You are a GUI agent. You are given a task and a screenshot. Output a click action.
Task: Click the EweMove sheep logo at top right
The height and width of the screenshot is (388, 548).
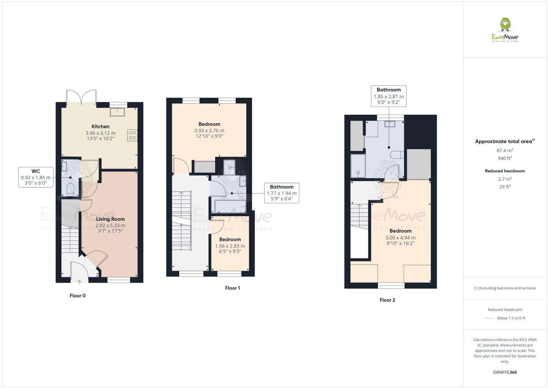tap(505, 30)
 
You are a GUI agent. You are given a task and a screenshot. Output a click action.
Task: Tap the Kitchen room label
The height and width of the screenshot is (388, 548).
tap(100, 127)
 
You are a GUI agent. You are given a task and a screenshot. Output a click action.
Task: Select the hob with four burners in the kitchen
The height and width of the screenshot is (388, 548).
tap(132, 135)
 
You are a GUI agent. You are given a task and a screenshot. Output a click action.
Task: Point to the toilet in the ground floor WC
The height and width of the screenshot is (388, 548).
tap(71, 190)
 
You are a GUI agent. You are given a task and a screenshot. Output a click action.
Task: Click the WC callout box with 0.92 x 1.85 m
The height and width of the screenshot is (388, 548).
tap(36, 177)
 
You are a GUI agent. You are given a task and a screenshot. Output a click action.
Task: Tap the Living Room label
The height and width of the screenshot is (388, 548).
tap(110, 219)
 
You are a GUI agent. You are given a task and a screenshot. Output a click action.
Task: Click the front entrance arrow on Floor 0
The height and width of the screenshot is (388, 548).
tap(80, 281)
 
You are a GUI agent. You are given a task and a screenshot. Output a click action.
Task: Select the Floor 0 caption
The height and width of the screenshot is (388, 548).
tap(78, 295)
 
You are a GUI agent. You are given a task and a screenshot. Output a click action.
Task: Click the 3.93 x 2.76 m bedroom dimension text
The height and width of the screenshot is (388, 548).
tap(209, 131)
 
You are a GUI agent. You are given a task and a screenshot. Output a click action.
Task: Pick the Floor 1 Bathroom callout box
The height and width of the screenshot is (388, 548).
tap(281, 193)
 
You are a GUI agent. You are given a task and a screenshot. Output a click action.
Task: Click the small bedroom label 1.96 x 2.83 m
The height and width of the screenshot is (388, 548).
tap(230, 246)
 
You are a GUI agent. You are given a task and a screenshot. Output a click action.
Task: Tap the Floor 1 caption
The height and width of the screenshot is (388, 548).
tap(232, 288)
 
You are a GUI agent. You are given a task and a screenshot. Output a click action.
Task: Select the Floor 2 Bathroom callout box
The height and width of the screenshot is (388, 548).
tap(389, 96)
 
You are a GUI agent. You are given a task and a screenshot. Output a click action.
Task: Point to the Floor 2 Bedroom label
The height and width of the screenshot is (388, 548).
tap(400, 231)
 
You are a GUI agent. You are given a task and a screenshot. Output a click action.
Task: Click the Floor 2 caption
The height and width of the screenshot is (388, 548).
tap(387, 300)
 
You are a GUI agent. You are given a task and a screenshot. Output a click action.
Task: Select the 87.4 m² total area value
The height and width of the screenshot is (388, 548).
tap(505, 150)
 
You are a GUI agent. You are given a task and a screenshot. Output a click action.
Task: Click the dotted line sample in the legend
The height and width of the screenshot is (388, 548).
tap(489, 318)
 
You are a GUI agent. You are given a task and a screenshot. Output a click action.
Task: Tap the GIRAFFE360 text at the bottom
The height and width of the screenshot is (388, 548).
tap(505, 372)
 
